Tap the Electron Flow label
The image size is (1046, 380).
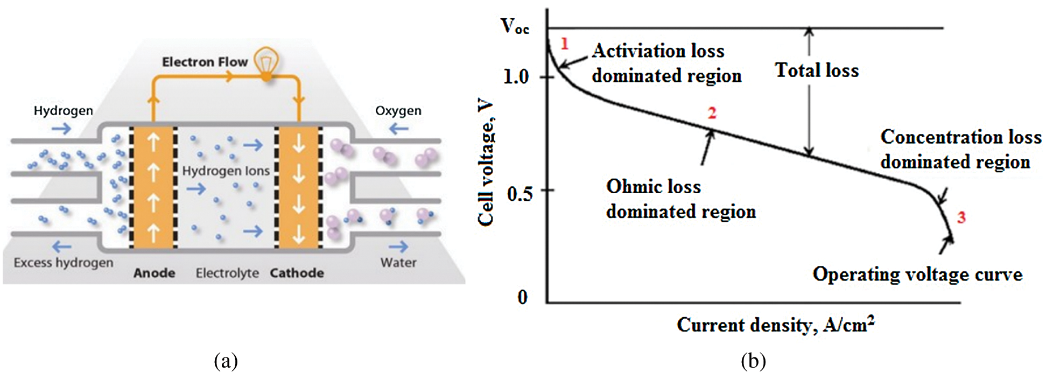pos(205,62)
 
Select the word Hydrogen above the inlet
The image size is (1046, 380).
pos(63,111)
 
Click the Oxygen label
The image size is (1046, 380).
pos(398,111)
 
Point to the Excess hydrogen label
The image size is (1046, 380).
pos(64,263)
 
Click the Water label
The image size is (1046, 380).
pos(398,263)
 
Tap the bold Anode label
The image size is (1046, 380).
pos(155,273)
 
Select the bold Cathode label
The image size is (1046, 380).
pos(297,273)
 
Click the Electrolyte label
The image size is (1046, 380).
pos(227,273)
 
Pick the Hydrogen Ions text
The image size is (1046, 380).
pos(226,171)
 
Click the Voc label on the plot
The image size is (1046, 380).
pos(514,26)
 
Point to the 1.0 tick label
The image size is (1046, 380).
pos(516,77)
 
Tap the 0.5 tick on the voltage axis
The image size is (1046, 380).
pos(520,193)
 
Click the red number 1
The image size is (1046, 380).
pos(564,44)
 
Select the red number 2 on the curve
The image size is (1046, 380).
pos(712,113)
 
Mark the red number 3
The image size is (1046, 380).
pos(961,217)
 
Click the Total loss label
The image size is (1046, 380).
pos(817,71)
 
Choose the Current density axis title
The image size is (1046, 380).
pos(775,325)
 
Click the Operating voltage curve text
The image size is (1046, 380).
pos(917,275)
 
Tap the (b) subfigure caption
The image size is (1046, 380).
pos(753,361)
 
